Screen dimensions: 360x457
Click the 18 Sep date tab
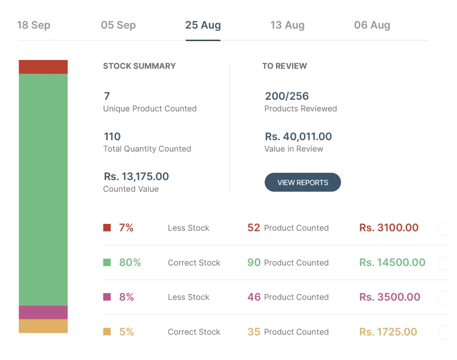tap(34, 25)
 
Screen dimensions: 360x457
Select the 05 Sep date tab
tap(118, 25)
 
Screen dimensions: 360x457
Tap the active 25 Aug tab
tap(203, 25)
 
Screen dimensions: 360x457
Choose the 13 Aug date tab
tap(287, 25)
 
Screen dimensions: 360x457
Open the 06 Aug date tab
tap(372, 25)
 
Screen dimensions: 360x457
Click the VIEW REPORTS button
tap(302, 183)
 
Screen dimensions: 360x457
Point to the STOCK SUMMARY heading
tap(139, 66)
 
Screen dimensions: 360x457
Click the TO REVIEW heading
tap(285, 66)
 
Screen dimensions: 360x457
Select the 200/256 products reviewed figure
tap(287, 96)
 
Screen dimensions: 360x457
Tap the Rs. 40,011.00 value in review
tap(298, 137)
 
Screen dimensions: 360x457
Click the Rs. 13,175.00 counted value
tap(136, 176)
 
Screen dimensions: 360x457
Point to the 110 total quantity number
tap(112, 137)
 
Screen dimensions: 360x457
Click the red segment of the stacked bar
tap(43, 67)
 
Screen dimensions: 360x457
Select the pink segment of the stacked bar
tap(43, 312)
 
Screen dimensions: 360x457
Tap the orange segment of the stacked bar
tap(43, 326)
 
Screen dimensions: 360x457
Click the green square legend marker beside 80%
tap(107, 262)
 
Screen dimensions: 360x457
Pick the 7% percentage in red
tap(126, 228)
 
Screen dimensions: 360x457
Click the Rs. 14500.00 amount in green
tap(392, 262)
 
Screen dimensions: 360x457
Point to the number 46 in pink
tap(254, 297)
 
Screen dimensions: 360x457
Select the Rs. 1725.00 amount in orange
tap(388, 332)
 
